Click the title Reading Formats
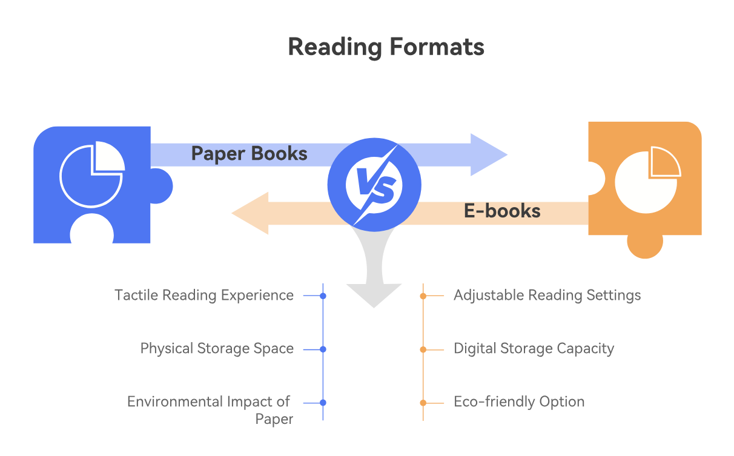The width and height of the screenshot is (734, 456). click(x=386, y=47)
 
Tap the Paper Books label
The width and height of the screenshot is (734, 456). click(x=249, y=154)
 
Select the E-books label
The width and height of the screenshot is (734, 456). click(x=502, y=211)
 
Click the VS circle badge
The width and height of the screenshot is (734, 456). click(x=374, y=184)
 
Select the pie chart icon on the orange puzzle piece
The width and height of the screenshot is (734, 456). click(x=646, y=179)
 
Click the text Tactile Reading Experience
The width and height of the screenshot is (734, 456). click(x=204, y=296)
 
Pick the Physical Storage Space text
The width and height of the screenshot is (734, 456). click(x=217, y=349)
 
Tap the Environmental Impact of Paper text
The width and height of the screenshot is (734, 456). click(x=210, y=410)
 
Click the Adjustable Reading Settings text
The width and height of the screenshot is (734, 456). click(x=547, y=296)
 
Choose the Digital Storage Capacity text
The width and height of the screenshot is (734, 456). click(x=534, y=349)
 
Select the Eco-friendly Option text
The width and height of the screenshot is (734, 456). click(x=519, y=402)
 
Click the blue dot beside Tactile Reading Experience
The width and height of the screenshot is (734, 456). click(x=323, y=296)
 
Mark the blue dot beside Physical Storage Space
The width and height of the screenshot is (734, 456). click(x=323, y=349)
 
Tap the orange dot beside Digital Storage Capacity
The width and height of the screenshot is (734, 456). click(x=423, y=349)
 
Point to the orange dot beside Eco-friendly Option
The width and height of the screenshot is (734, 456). click(x=423, y=403)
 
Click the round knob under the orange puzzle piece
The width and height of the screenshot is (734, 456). click(x=645, y=245)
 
